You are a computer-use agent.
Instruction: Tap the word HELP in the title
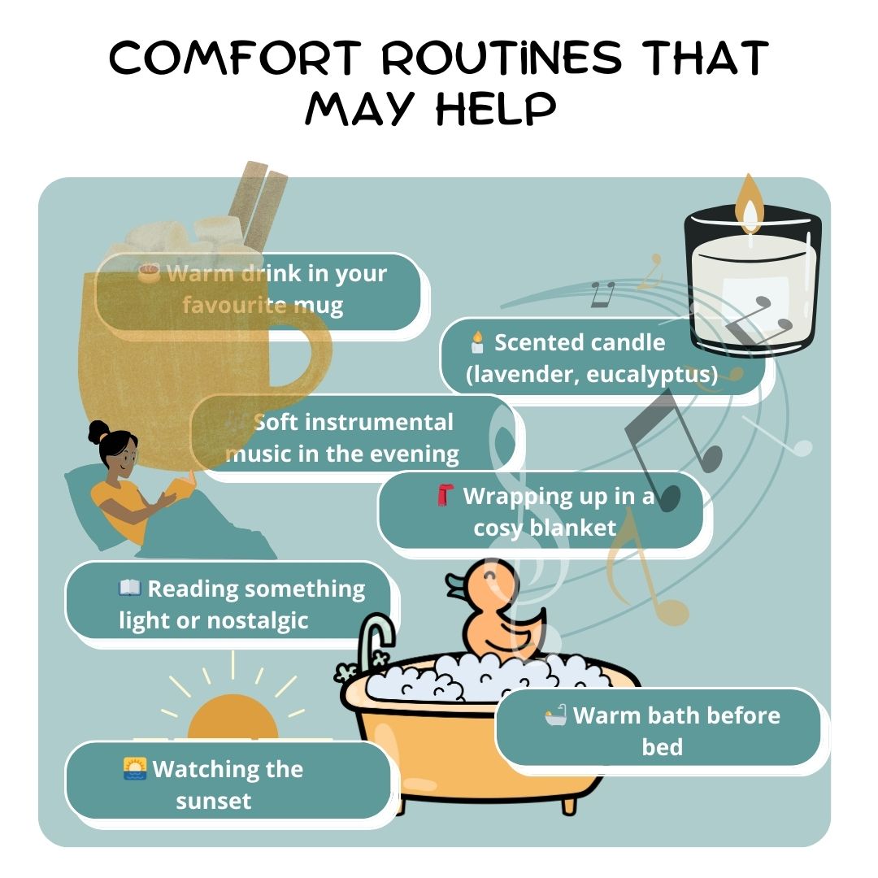(x=496, y=108)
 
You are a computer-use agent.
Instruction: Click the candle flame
(x=750, y=204)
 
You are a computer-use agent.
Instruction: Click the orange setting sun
(x=233, y=717)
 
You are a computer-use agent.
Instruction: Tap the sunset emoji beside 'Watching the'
(x=135, y=769)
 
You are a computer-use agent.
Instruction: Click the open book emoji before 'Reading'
(x=129, y=588)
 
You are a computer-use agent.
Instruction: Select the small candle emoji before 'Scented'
(x=477, y=342)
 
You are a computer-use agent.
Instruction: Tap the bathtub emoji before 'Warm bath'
(x=556, y=715)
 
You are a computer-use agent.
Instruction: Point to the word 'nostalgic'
(x=258, y=620)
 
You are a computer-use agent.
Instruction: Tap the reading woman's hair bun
(x=98, y=432)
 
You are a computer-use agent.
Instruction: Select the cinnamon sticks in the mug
(x=259, y=204)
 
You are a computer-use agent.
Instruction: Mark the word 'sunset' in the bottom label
(x=213, y=802)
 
